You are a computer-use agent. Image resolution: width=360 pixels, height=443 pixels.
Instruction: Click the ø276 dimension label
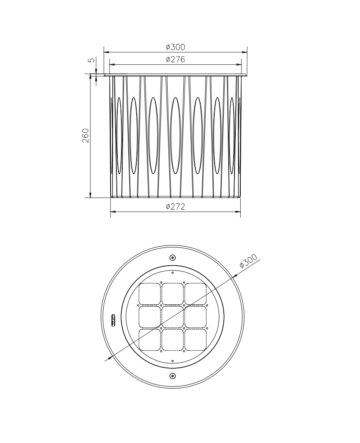[175, 59]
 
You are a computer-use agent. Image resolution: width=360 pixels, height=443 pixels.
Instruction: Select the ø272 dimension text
[175, 207]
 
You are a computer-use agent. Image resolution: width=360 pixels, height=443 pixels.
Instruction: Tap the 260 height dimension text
[85, 136]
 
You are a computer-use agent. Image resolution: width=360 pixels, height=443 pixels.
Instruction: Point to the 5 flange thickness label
[91, 60]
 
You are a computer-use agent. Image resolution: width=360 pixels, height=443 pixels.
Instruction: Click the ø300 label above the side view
[175, 47]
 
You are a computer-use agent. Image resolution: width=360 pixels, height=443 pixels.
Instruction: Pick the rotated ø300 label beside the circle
[248, 261]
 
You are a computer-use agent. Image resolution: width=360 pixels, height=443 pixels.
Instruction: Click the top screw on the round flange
[172, 257]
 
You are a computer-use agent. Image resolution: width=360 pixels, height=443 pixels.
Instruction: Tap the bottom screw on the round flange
[172, 376]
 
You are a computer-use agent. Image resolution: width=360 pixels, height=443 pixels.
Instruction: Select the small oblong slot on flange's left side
[114, 320]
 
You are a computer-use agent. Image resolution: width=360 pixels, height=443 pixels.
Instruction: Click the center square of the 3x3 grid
[173, 317]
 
